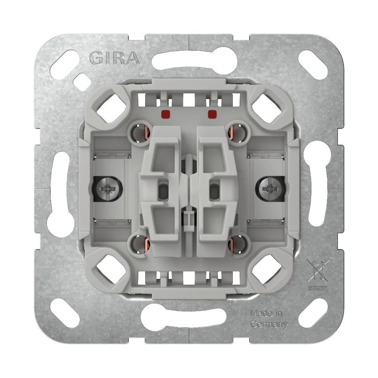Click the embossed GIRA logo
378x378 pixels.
click(x=115, y=58)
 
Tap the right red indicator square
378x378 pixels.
click(x=212, y=114)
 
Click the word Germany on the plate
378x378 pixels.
click(x=269, y=324)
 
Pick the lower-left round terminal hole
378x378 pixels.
click(x=139, y=243)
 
